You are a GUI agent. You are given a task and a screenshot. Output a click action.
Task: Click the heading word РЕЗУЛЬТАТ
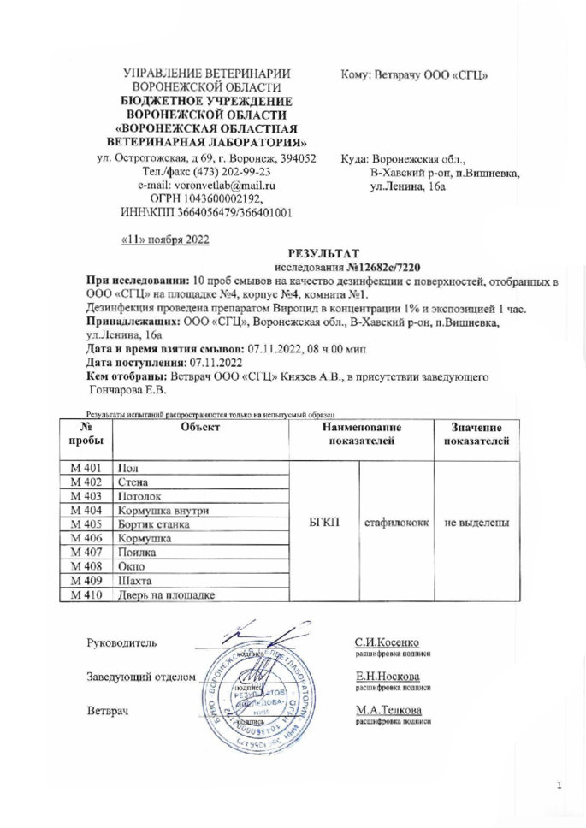point(317,253)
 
